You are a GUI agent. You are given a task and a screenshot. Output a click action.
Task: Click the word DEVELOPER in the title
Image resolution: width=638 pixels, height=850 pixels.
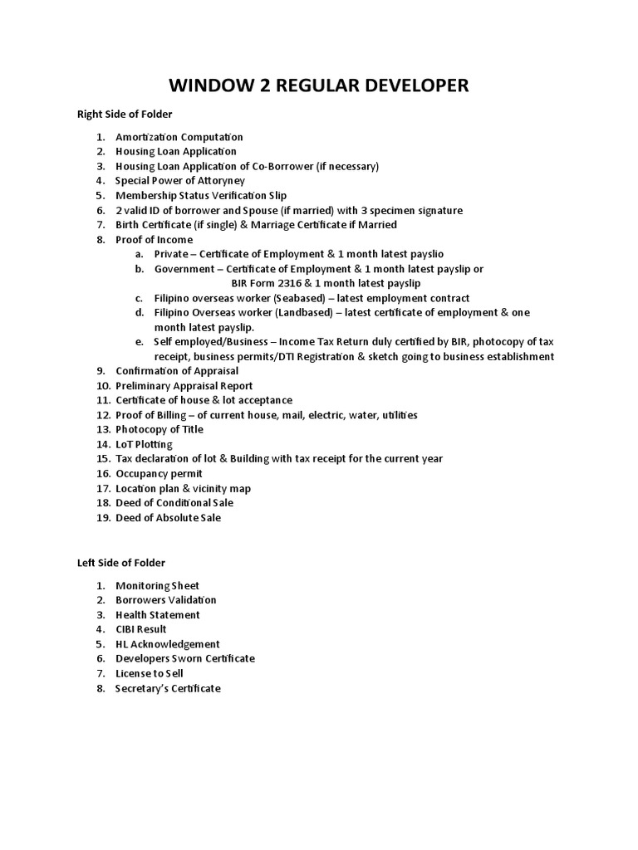pyautogui.click(x=411, y=85)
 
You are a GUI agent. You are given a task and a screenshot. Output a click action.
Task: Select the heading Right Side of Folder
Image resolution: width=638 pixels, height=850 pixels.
pyautogui.click(x=125, y=114)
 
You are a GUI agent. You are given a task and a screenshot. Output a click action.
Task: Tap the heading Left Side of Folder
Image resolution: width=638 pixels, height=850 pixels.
pyautogui.click(x=121, y=563)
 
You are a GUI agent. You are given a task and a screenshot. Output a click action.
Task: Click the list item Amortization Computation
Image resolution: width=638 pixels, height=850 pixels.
pyautogui.click(x=179, y=137)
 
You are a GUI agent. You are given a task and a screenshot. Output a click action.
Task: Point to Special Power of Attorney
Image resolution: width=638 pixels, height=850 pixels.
pyautogui.click(x=180, y=181)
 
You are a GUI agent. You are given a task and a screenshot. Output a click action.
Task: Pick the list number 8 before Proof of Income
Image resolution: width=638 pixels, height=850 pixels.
pyautogui.click(x=100, y=240)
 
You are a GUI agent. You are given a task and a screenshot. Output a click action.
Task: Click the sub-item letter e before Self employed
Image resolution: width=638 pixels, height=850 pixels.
pyautogui.click(x=139, y=342)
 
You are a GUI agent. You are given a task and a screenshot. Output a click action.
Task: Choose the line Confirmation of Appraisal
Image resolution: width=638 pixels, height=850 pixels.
pyautogui.click(x=177, y=371)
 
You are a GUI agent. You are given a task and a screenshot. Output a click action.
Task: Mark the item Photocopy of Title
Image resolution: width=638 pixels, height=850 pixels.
pyautogui.click(x=159, y=430)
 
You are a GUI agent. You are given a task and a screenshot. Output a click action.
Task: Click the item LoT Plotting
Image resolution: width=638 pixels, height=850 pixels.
pyautogui.click(x=144, y=445)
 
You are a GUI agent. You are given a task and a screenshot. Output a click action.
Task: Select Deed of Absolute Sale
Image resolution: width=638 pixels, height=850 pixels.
pyautogui.click(x=168, y=518)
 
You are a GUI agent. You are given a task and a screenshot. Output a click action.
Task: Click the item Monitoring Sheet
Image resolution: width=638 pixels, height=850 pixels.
pyautogui.click(x=157, y=586)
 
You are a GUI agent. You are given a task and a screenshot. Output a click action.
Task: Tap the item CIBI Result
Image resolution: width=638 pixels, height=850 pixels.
pyautogui.click(x=140, y=630)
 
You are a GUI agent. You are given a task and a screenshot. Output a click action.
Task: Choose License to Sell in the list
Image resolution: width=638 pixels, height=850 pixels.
pyautogui.click(x=149, y=674)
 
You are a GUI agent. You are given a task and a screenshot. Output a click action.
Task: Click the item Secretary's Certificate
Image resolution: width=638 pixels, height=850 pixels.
pyautogui.click(x=168, y=689)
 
